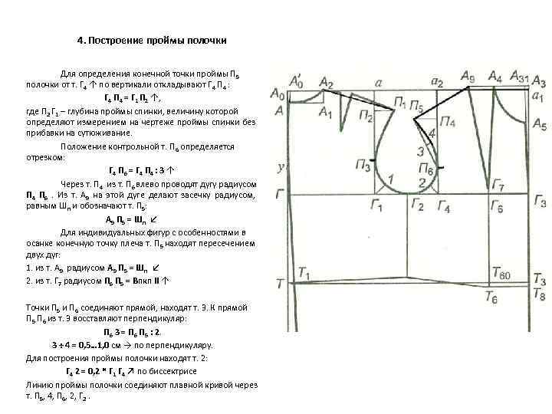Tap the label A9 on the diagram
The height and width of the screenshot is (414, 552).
(x=468, y=76)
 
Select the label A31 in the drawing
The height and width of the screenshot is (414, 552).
(x=519, y=79)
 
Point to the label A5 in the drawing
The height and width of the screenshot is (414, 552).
(x=539, y=124)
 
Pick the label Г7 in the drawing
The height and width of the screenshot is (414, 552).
(x=498, y=186)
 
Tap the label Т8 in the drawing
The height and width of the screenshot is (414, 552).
(x=539, y=294)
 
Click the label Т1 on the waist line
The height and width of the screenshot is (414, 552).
(x=304, y=273)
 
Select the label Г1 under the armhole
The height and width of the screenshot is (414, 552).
(x=376, y=205)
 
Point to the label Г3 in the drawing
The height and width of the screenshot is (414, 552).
(x=540, y=202)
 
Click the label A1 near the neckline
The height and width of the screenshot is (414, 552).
(x=325, y=113)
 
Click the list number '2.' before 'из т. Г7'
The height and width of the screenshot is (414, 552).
(x=29, y=281)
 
